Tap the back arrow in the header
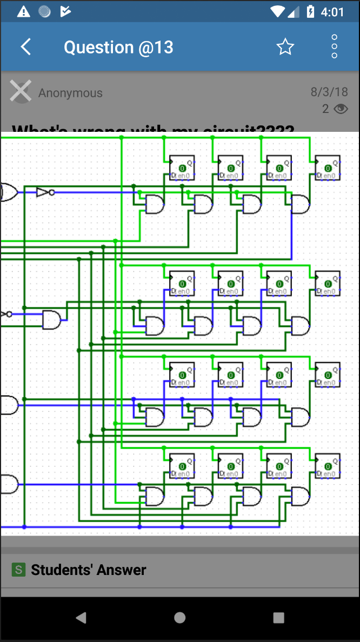coord(25,47)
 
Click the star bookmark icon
coord(285,47)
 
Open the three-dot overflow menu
coord(334,47)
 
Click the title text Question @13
coord(118,47)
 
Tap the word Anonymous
coord(70,93)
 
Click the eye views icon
coord(341,109)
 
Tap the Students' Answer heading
coord(89,570)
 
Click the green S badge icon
coord(19,570)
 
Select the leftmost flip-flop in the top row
coord(182,168)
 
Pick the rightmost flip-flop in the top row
coord(328,168)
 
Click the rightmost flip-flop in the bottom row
coord(328,466)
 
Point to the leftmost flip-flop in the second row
coord(182,283)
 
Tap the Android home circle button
coord(180,618)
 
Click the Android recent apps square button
coord(278,618)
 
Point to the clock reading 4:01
coord(332,12)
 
